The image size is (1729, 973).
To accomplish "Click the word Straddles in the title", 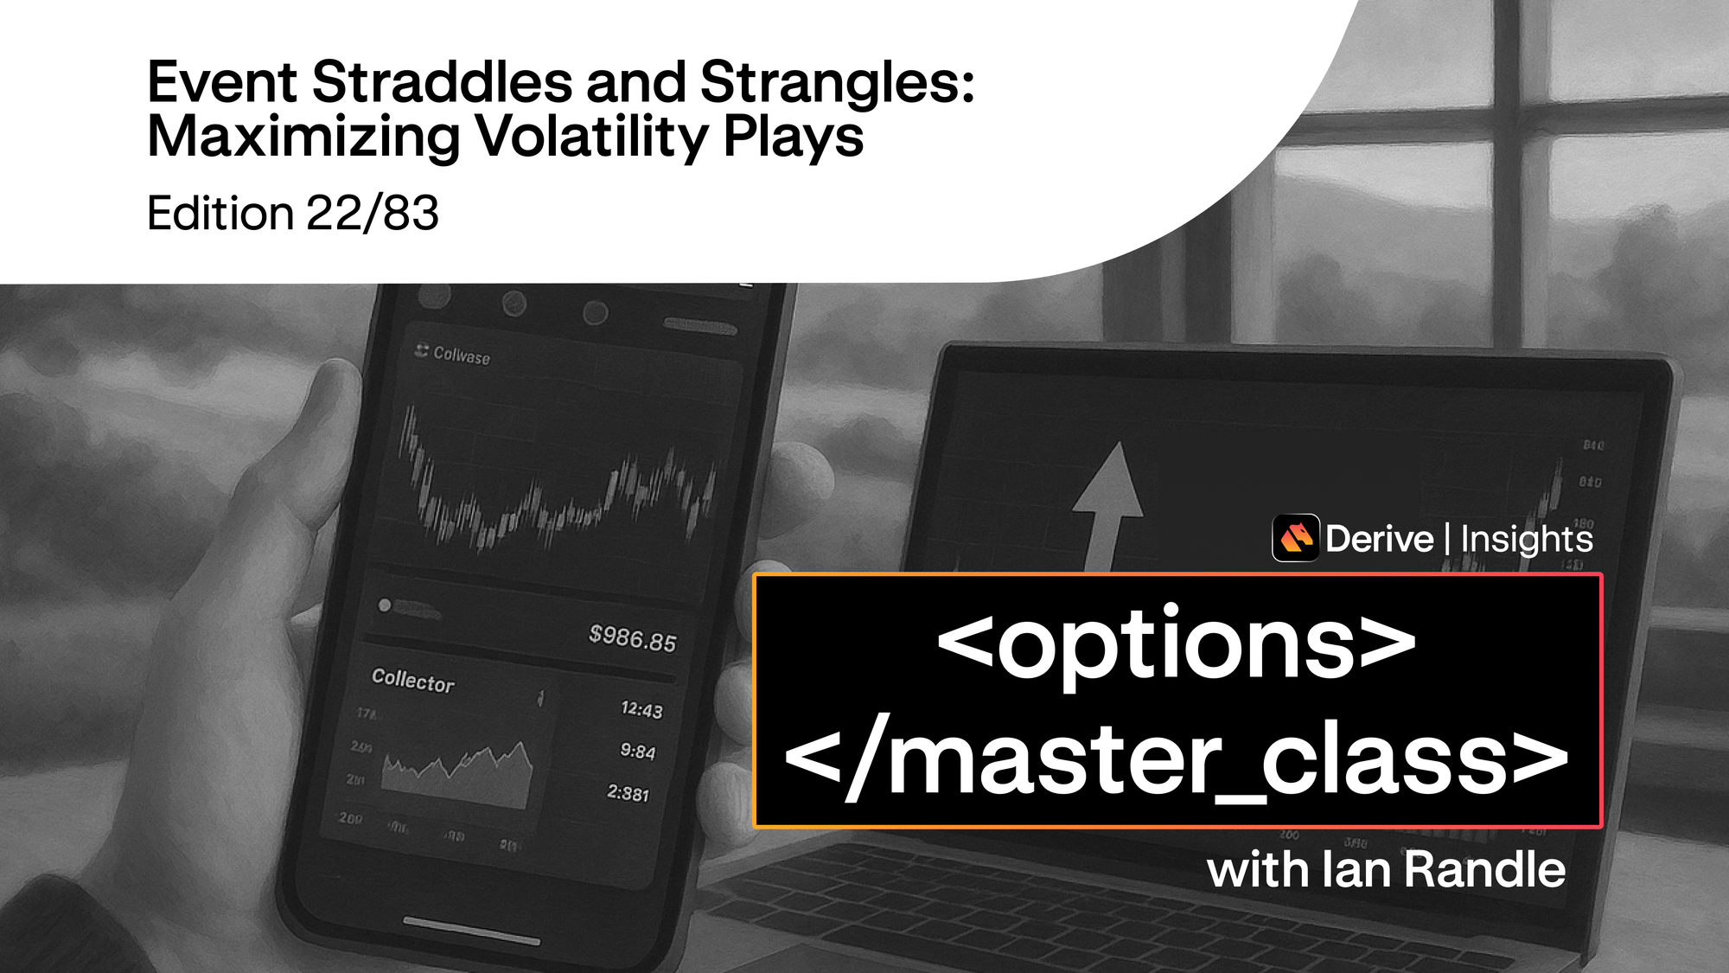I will [x=442, y=83].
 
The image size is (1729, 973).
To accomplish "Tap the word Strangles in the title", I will [x=837, y=83].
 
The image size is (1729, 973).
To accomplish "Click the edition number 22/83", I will [x=373, y=214].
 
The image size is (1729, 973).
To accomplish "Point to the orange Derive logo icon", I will [x=1295, y=538].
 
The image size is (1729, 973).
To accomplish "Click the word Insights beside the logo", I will [x=1526, y=539].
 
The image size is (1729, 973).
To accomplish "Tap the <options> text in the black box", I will [x=1177, y=644].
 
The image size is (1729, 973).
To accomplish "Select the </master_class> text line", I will [x=1177, y=761].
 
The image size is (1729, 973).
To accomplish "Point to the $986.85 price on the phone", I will [x=632, y=638].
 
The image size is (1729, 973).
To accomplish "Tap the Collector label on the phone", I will [x=412, y=681].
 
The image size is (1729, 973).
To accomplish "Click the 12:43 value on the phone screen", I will [x=641, y=710].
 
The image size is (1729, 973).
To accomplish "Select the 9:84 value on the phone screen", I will [x=638, y=752].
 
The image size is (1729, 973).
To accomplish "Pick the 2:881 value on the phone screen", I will [x=628, y=793].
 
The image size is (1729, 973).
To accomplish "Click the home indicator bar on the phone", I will [x=471, y=931].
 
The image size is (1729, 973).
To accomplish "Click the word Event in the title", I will [x=222, y=83].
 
